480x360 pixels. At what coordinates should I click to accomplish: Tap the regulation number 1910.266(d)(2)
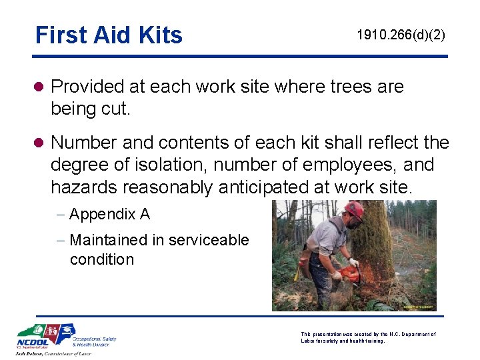401,35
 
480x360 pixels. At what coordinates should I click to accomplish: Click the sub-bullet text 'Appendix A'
109,214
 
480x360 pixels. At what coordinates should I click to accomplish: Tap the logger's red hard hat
355,211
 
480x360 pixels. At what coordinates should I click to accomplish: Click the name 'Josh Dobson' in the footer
33,353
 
